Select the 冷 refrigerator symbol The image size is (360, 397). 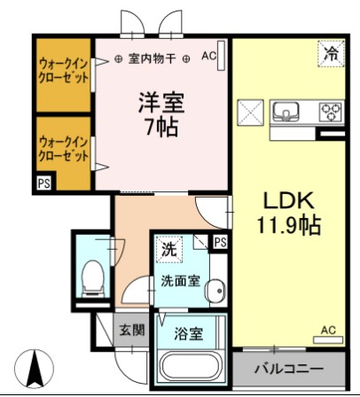coord(330,54)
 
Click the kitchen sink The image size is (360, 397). coord(288,113)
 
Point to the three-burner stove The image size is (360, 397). coord(330,113)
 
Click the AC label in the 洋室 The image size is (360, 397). coord(208,56)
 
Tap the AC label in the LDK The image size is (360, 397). coord(327,331)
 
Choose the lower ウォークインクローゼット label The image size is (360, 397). coord(64,148)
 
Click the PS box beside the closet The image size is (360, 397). coord(43,183)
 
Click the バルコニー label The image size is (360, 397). coord(289,368)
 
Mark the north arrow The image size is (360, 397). coord(36,368)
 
